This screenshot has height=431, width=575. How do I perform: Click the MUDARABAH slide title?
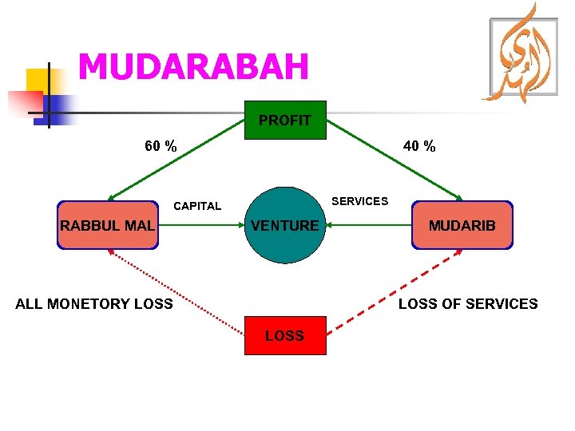click(193, 67)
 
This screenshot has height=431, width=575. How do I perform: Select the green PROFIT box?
click(285, 121)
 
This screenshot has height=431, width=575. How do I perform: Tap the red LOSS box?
click(285, 335)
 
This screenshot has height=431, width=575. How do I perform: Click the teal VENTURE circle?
click(284, 226)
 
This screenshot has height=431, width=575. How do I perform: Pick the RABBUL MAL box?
click(107, 226)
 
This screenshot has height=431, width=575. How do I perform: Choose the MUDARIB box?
click(462, 226)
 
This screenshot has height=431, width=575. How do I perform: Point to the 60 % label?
click(161, 146)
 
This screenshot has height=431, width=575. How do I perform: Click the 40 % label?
click(419, 146)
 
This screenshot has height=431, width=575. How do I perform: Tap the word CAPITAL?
click(197, 206)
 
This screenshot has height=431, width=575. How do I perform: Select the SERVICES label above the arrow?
click(359, 201)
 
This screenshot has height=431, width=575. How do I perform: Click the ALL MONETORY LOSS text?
click(94, 304)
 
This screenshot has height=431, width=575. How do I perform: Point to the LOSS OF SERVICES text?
click(468, 304)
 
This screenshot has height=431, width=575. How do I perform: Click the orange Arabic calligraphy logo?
click(524, 56)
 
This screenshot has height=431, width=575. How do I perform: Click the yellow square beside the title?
click(38, 80)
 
